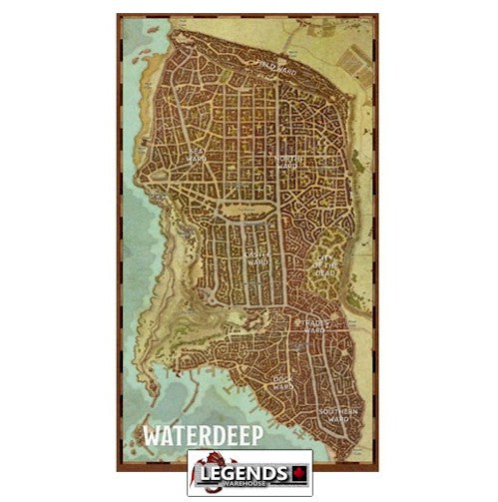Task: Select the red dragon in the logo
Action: click(x=204, y=469)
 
